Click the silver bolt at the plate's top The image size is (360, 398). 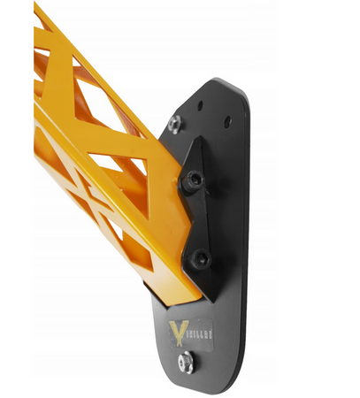click(x=174, y=123)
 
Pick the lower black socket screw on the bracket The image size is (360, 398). click(x=201, y=259)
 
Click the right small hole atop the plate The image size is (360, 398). click(x=228, y=120)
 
